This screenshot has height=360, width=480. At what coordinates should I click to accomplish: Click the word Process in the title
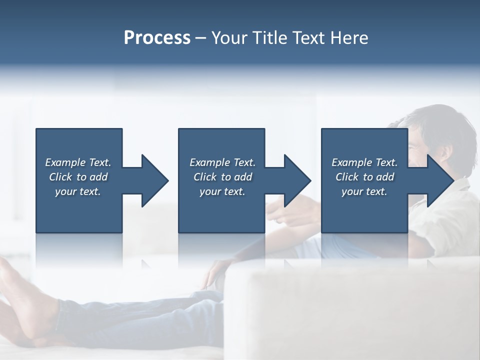tap(157, 38)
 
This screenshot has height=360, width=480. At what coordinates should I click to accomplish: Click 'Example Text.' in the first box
tap(78, 162)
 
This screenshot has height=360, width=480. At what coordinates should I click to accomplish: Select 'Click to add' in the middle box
tap(222, 177)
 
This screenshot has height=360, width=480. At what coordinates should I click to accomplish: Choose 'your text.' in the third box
tap(364, 191)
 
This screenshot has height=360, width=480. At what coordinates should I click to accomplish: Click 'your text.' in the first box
tap(78, 191)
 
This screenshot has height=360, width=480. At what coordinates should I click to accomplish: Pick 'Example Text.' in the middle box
tap(222, 162)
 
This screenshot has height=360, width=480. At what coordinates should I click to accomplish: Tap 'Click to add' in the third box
tap(364, 177)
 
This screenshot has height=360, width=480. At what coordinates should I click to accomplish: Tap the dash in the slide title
tap(201, 38)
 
